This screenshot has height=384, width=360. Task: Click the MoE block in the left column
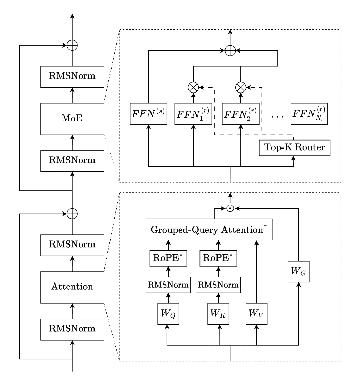pos(72,119)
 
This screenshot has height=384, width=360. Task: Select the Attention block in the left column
pos(72,287)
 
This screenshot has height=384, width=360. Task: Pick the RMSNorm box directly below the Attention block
pos(72,329)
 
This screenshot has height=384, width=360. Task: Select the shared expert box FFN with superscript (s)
pos(148,113)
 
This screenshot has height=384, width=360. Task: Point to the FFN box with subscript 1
pos(193,113)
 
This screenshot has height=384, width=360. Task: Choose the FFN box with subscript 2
pos(241,113)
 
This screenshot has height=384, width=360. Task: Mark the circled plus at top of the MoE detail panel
pos(230,51)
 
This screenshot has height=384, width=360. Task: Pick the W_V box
pos(256,309)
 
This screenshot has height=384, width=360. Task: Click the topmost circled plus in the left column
pos(72,45)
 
